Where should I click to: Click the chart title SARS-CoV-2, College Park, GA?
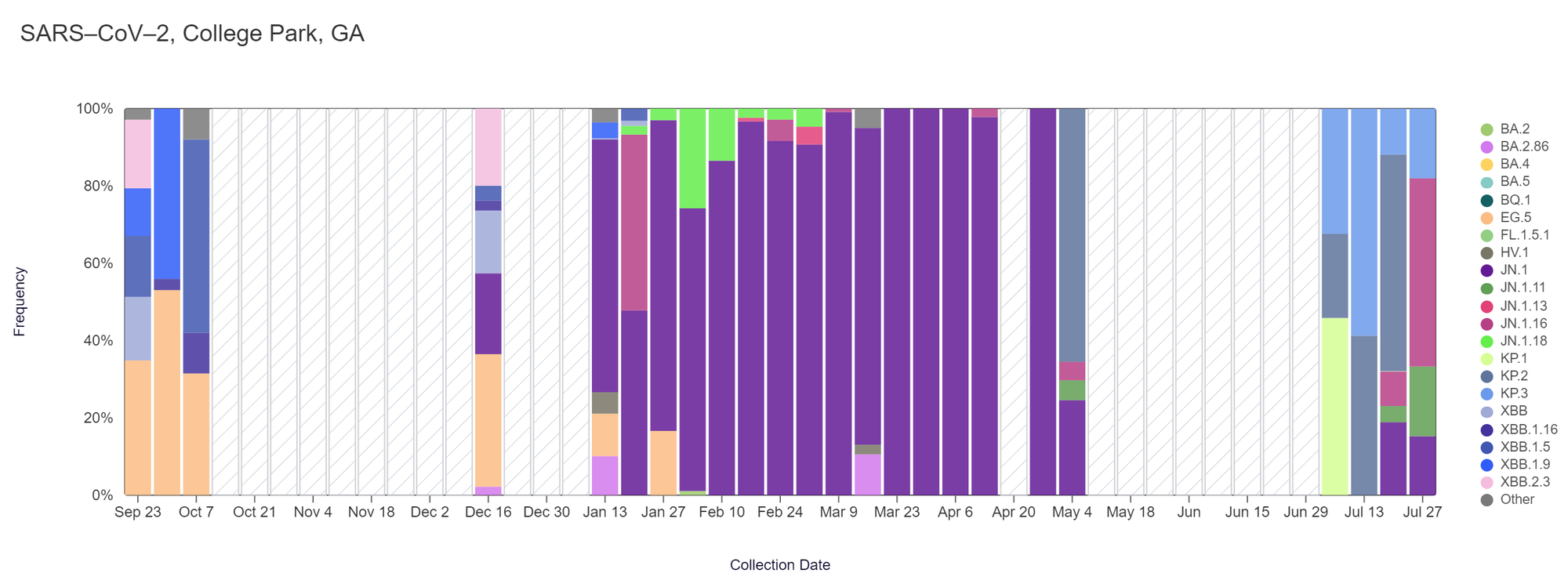click(x=192, y=34)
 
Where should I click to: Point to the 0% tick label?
click(x=102, y=495)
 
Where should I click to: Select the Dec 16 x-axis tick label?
click(x=488, y=513)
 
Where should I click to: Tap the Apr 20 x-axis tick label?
click(x=1014, y=513)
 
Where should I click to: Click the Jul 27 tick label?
click(x=1422, y=513)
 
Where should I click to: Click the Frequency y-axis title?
click(x=20, y=302)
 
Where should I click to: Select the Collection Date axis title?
click(x=779, y=565)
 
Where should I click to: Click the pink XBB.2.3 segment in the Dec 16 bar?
click(x=488, y=147)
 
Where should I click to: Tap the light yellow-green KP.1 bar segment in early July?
click(x=1334, y=406)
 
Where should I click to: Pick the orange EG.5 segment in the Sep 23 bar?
click(x=138, y=427)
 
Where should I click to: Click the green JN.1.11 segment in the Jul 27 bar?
click(x=1422, y=401)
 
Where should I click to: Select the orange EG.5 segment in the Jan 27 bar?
click(x=663, y=462)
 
